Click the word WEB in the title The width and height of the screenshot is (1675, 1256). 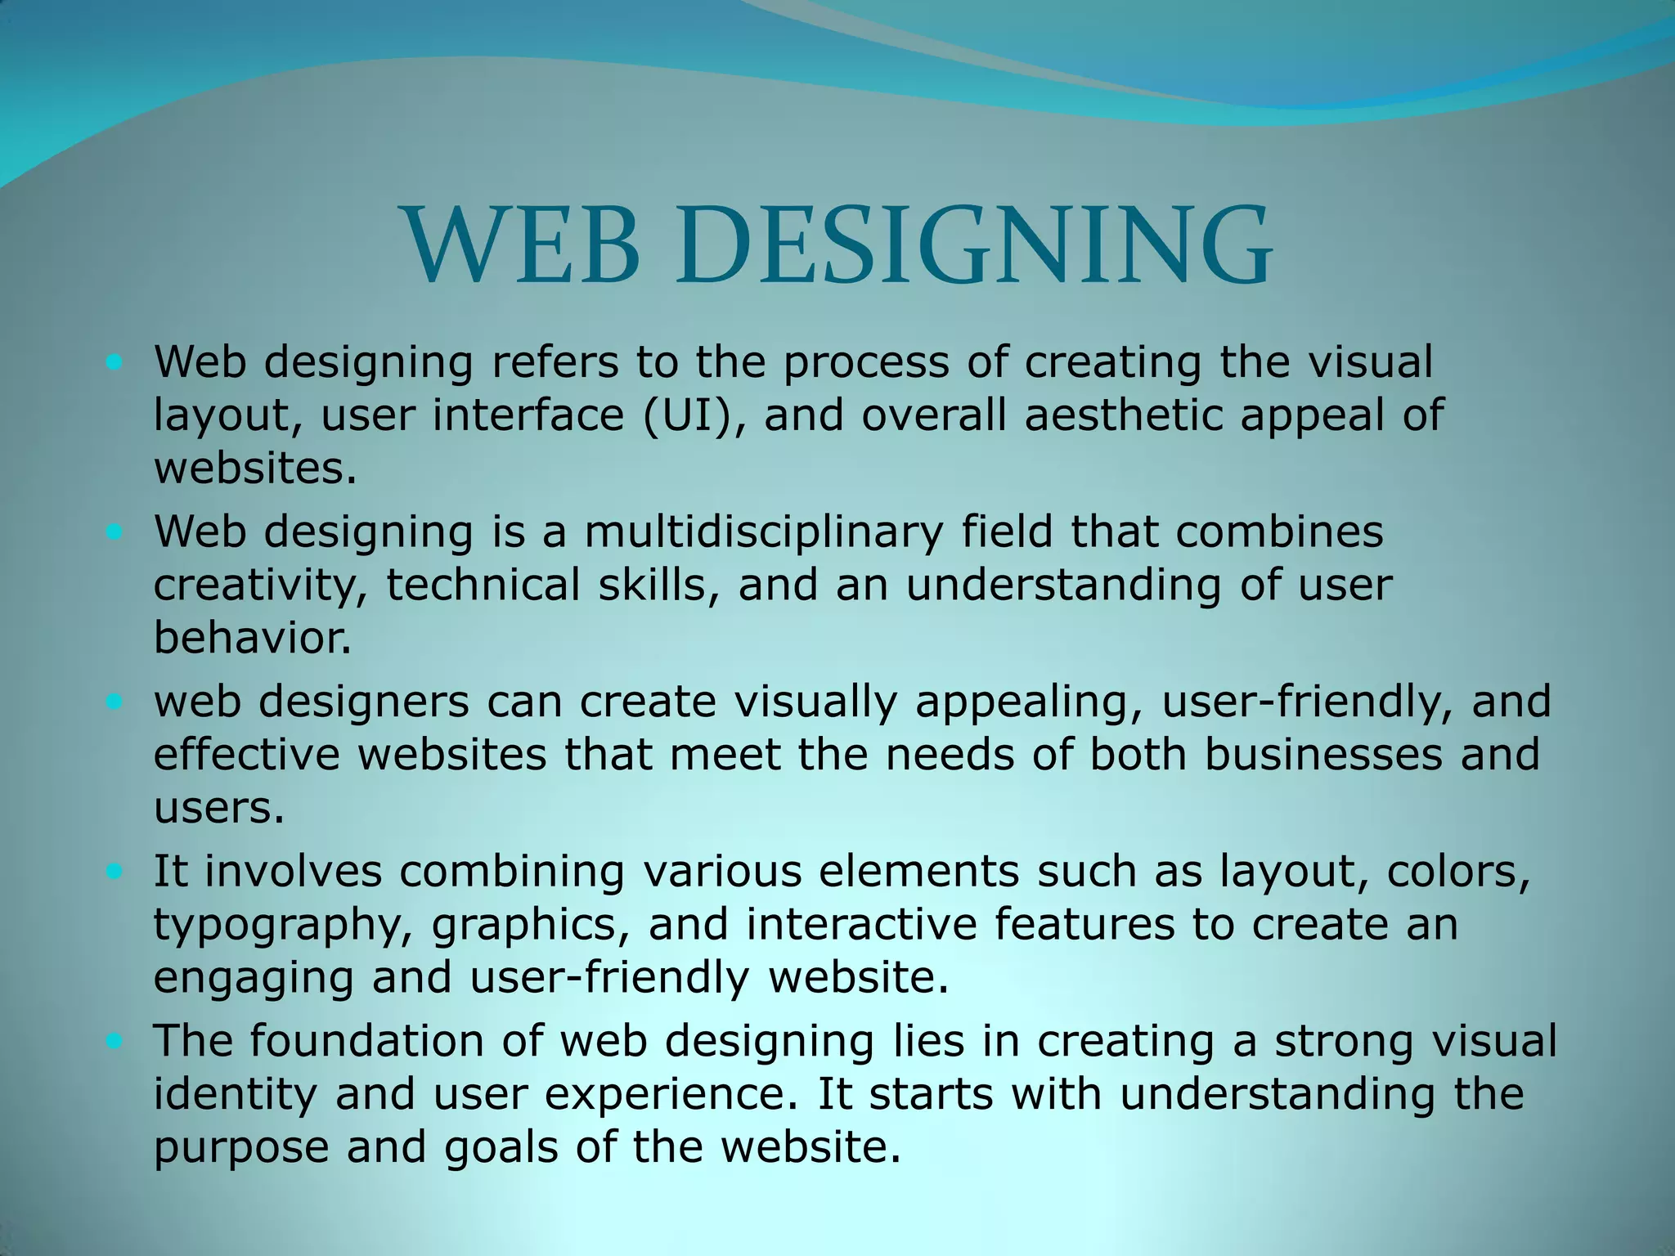pyautogui.click(x=523, y=245)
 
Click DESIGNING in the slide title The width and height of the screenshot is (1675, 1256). pyautogui.click(x=973, y=245)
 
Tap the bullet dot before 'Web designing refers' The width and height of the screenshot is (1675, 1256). pyautogui.click(x=114, y=361)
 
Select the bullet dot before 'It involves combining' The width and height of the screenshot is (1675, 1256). pyautogui.click(x=114, y=871)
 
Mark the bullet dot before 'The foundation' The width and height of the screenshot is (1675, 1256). pyautogui.click(x=114, y=1041)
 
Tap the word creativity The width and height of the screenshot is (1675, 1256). pyautogui.click(x=260, y=585)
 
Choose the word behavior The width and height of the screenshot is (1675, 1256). pyautogui.click(x=252, y=638)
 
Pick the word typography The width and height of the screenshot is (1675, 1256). pyautogui.click(x=283, y=926)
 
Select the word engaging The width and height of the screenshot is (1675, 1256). pyautogui.click(x=254, y=978)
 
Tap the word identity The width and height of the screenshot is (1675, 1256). pyautogui.click(x=235, y=1094)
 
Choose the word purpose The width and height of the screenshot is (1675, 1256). pyautogui.click(x=241, y=1148)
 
